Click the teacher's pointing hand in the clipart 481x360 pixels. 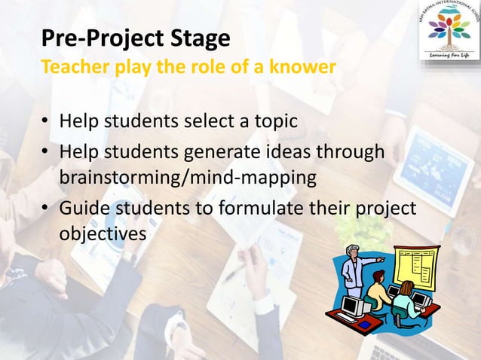[382, 259]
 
